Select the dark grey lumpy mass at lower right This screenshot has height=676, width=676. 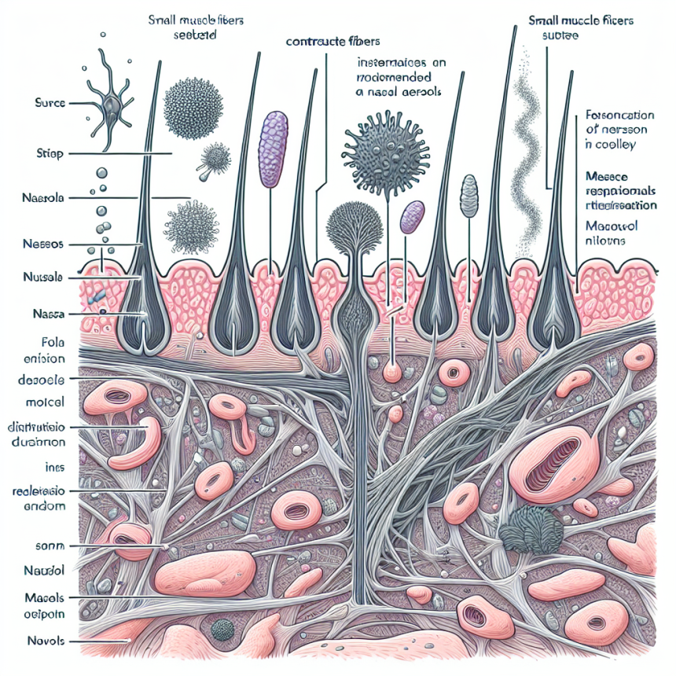coord(531,527)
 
